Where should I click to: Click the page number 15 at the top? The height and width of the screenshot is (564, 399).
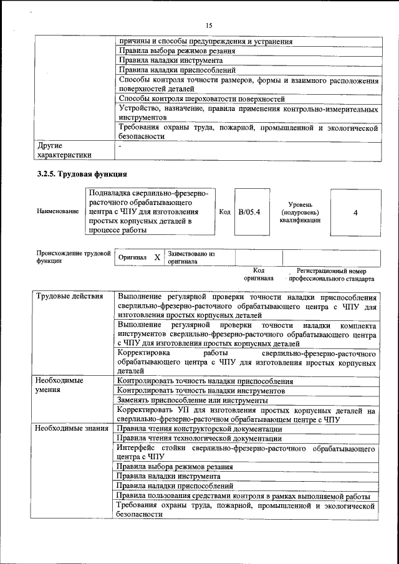[208, 25]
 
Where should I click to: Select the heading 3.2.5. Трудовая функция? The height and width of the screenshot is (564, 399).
[82, 174]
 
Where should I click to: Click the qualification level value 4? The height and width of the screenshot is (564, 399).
[355, 213]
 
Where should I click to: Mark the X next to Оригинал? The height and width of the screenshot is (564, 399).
[157, 257]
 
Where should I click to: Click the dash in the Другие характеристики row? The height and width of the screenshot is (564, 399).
[120, 145]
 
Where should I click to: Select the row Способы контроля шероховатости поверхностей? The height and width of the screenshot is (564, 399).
[201, 98]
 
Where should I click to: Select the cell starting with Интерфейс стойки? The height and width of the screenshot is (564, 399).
[246, 452]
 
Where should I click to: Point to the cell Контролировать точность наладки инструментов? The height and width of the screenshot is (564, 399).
[201, 390]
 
